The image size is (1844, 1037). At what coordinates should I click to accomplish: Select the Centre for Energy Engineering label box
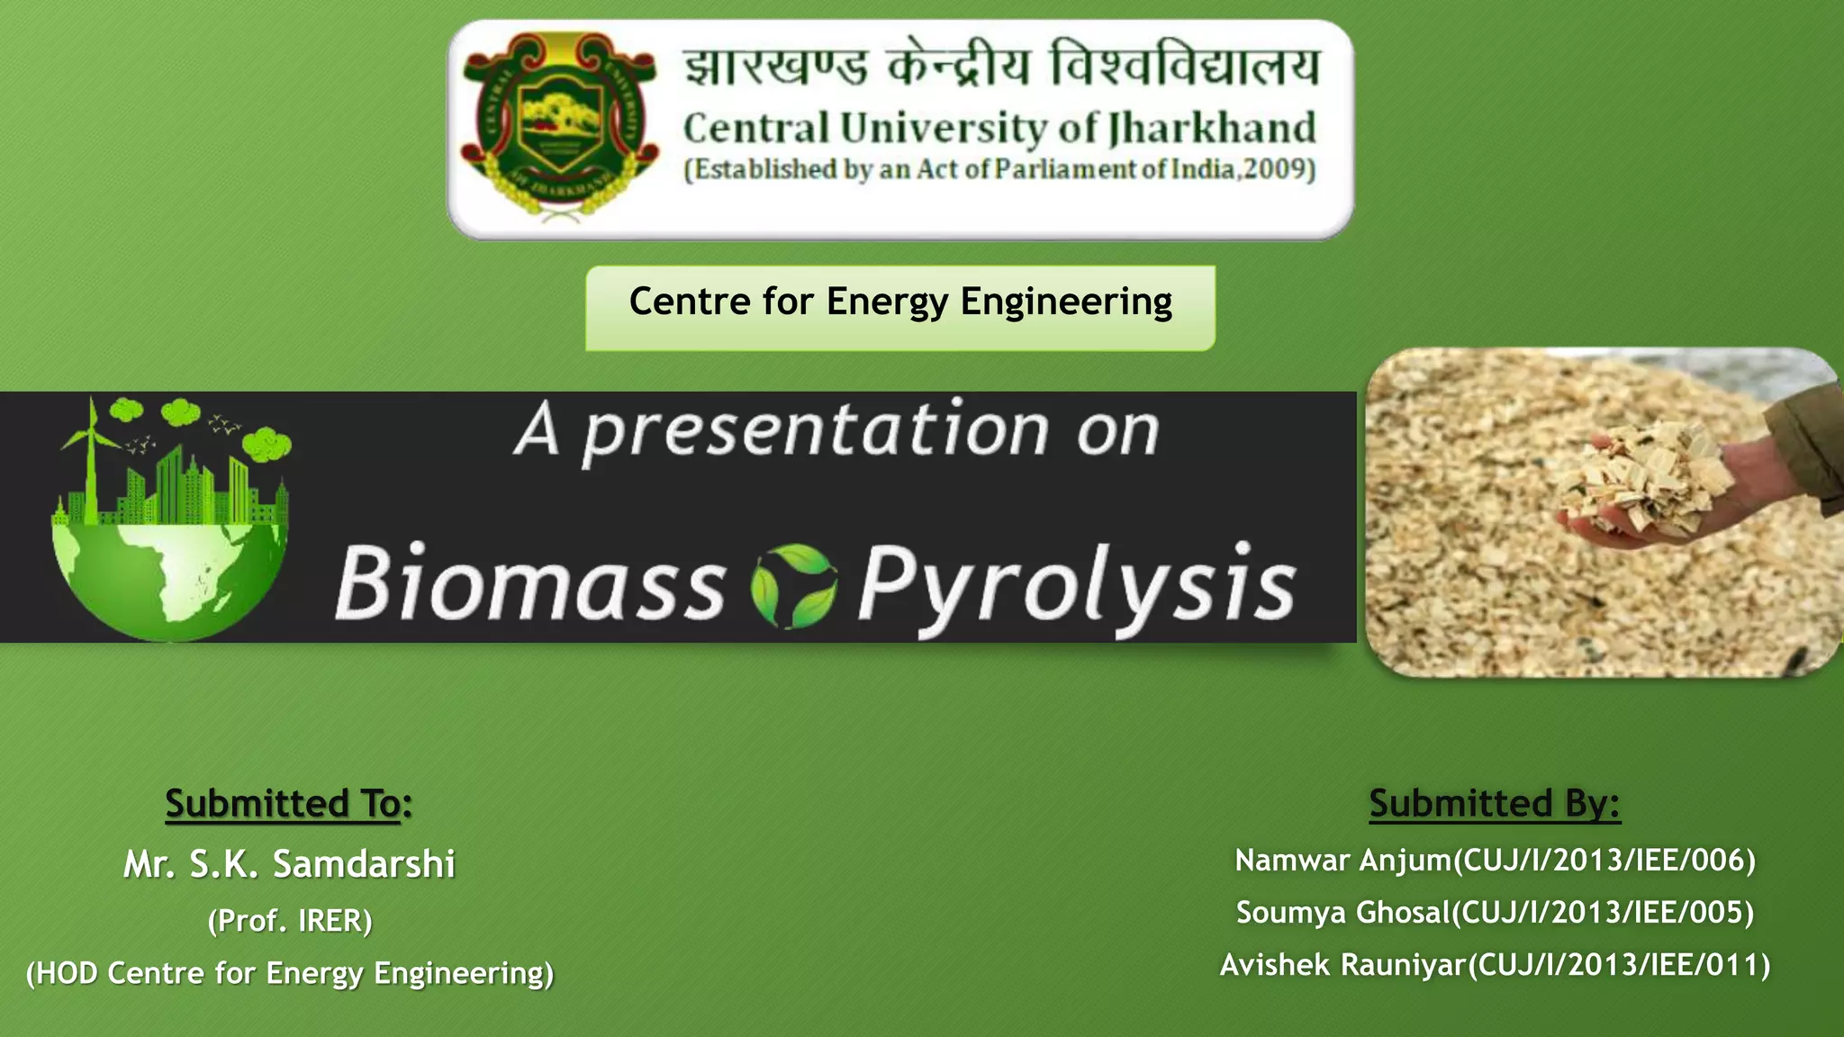click(900, 308)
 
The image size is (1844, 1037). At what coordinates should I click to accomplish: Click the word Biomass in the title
click(530, 582)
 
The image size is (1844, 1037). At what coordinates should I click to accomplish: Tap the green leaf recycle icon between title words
click(793, 586)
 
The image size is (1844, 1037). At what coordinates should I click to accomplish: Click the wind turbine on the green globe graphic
click(89, 459)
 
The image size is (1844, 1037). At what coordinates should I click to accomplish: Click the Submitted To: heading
click(289, 803)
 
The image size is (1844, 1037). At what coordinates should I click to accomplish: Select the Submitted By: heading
click(1495, 803)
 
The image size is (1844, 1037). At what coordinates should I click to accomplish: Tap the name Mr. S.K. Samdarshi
click(289, 863)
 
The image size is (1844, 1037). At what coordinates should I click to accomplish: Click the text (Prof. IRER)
click(290, 920)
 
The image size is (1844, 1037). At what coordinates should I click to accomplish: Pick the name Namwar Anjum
click(1343, 861)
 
